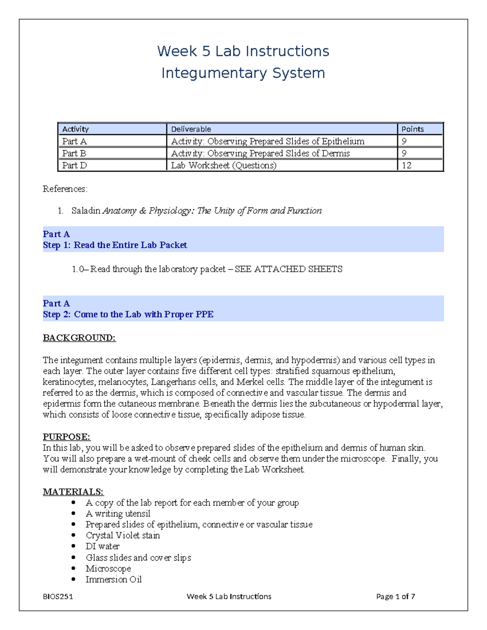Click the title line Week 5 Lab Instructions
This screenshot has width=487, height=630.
point(243,51)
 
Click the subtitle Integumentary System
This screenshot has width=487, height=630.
point(243,73)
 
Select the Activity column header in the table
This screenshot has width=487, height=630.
point(75,129)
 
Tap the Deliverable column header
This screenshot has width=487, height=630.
point(191,129)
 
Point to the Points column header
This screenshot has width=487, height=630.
point(412,129)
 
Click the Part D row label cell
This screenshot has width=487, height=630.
point(75,166)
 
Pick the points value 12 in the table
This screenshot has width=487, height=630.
point(406,166)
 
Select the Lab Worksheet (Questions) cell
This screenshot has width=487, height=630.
point(224,166)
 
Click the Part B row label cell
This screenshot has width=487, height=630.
point(74,153)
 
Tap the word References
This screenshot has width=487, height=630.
point(65,189)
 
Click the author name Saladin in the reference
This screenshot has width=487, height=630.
point(86,211)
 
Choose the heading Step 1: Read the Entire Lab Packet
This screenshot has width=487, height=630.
point(115,245)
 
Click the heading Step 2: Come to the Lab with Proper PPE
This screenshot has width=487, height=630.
point(128,314)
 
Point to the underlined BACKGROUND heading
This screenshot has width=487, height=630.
point(79,338)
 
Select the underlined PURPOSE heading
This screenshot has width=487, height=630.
point(67,437)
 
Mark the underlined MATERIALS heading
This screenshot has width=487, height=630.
point(73,492)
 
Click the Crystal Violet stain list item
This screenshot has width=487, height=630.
point(123,535)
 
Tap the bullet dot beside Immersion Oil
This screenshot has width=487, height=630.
point(73,579)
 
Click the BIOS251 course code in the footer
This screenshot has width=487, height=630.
point(58,596)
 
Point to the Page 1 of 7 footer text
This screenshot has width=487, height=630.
point(395,596)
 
